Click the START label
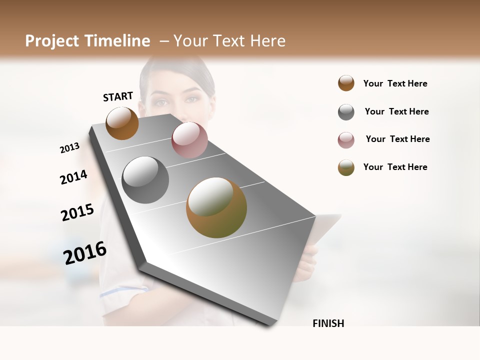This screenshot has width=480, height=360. tap(118, 96)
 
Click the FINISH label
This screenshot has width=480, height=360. tap(328, 323)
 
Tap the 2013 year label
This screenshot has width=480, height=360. tap(70, 148)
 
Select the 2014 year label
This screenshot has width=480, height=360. tap(73, 177)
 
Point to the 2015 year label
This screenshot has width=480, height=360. tap(77, 212)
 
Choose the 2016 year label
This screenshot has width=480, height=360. tap(85, 253)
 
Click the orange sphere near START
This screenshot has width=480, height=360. tap(122, 123)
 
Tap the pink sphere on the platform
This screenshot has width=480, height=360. tap(189, 140)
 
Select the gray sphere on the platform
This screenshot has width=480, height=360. tap(145, 180)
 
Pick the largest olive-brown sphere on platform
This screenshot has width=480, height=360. tap(216, 207)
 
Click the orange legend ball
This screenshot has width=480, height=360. tap(346, 83)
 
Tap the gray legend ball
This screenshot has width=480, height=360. tap(346, 112)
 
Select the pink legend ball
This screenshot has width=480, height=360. tap(346, 140)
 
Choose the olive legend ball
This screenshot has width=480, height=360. tap(346, 167)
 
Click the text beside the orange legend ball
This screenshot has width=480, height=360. tap(395, 83)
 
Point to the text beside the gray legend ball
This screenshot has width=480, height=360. tap(396, 111)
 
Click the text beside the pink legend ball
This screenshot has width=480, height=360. tap(397, 139)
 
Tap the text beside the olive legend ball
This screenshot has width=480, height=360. tap(395, 167)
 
